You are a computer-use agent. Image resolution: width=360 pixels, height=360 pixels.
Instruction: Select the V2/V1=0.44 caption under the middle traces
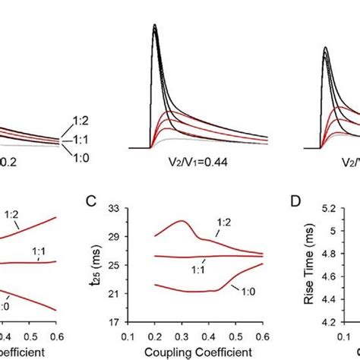198,161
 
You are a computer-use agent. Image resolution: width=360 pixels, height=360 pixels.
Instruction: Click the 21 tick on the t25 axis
117,292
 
